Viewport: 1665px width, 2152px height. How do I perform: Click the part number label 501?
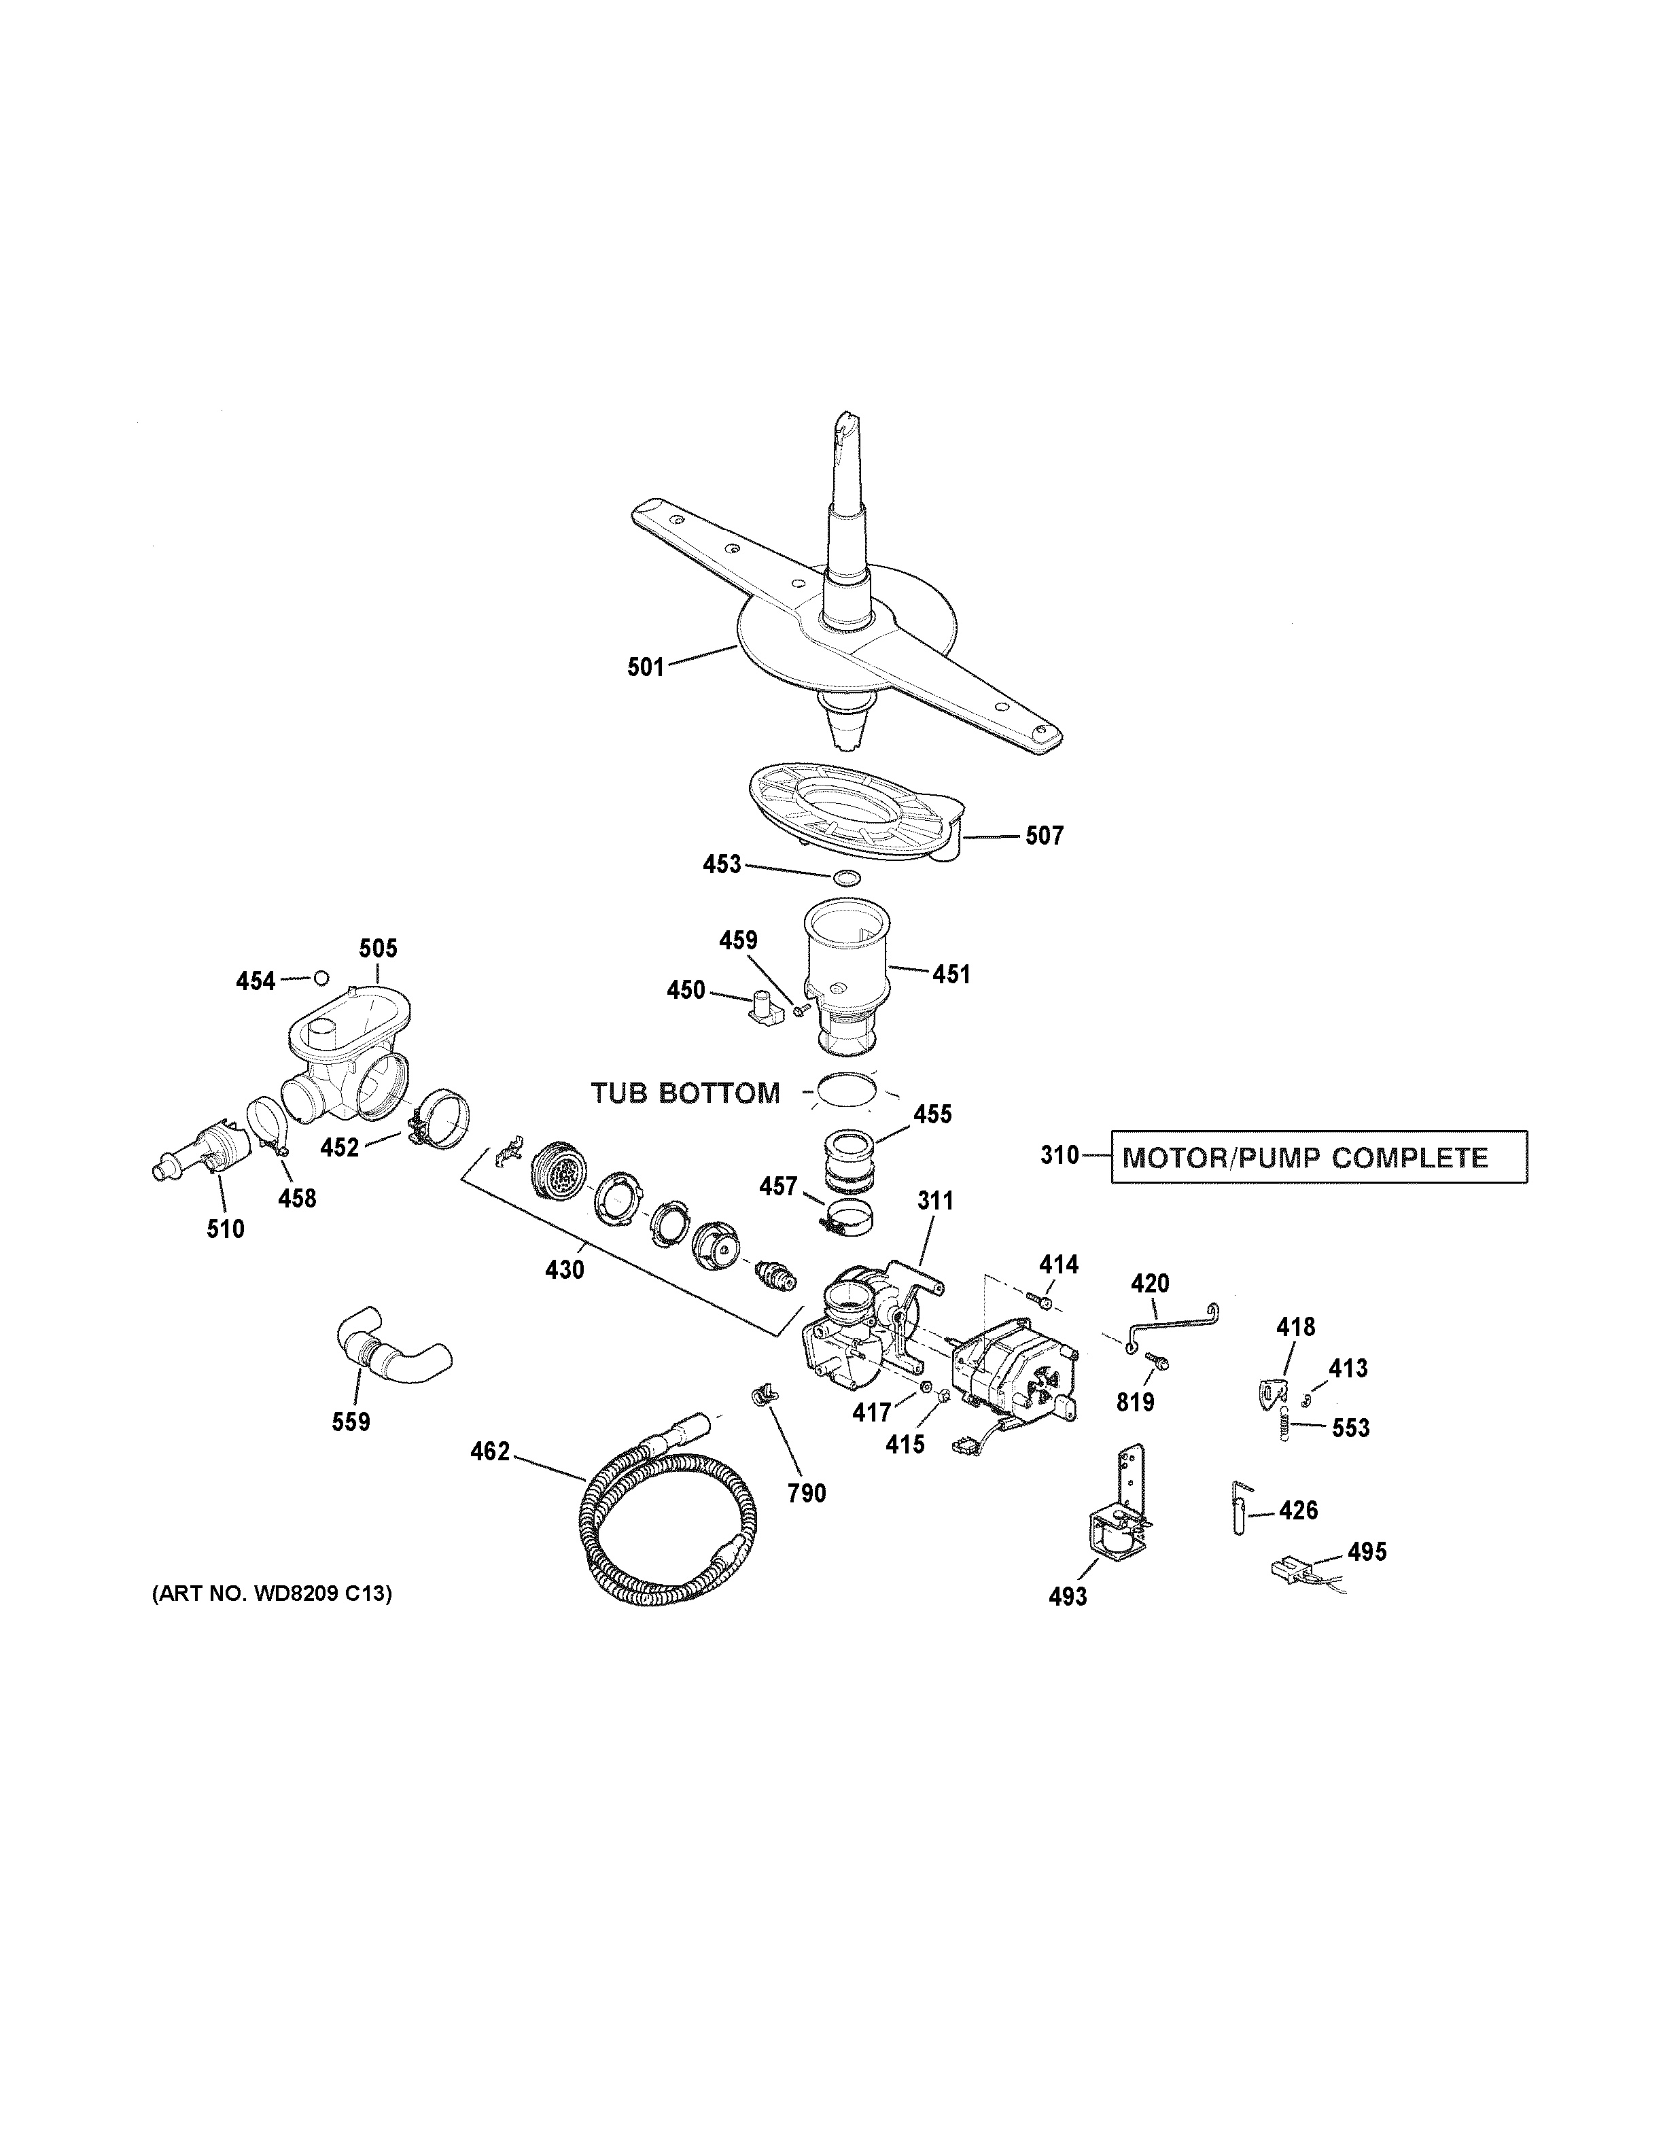point(646,667)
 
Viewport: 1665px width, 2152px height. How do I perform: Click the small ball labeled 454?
point(320,978)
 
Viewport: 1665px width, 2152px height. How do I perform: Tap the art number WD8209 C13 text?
point(271,1593)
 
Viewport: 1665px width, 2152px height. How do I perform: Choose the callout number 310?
point(1060,1155)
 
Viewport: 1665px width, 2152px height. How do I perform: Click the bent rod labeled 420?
point(1172,1318)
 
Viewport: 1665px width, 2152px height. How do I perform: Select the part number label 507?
point(1045,836)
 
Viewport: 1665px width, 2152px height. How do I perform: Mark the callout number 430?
point(565,1270)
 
